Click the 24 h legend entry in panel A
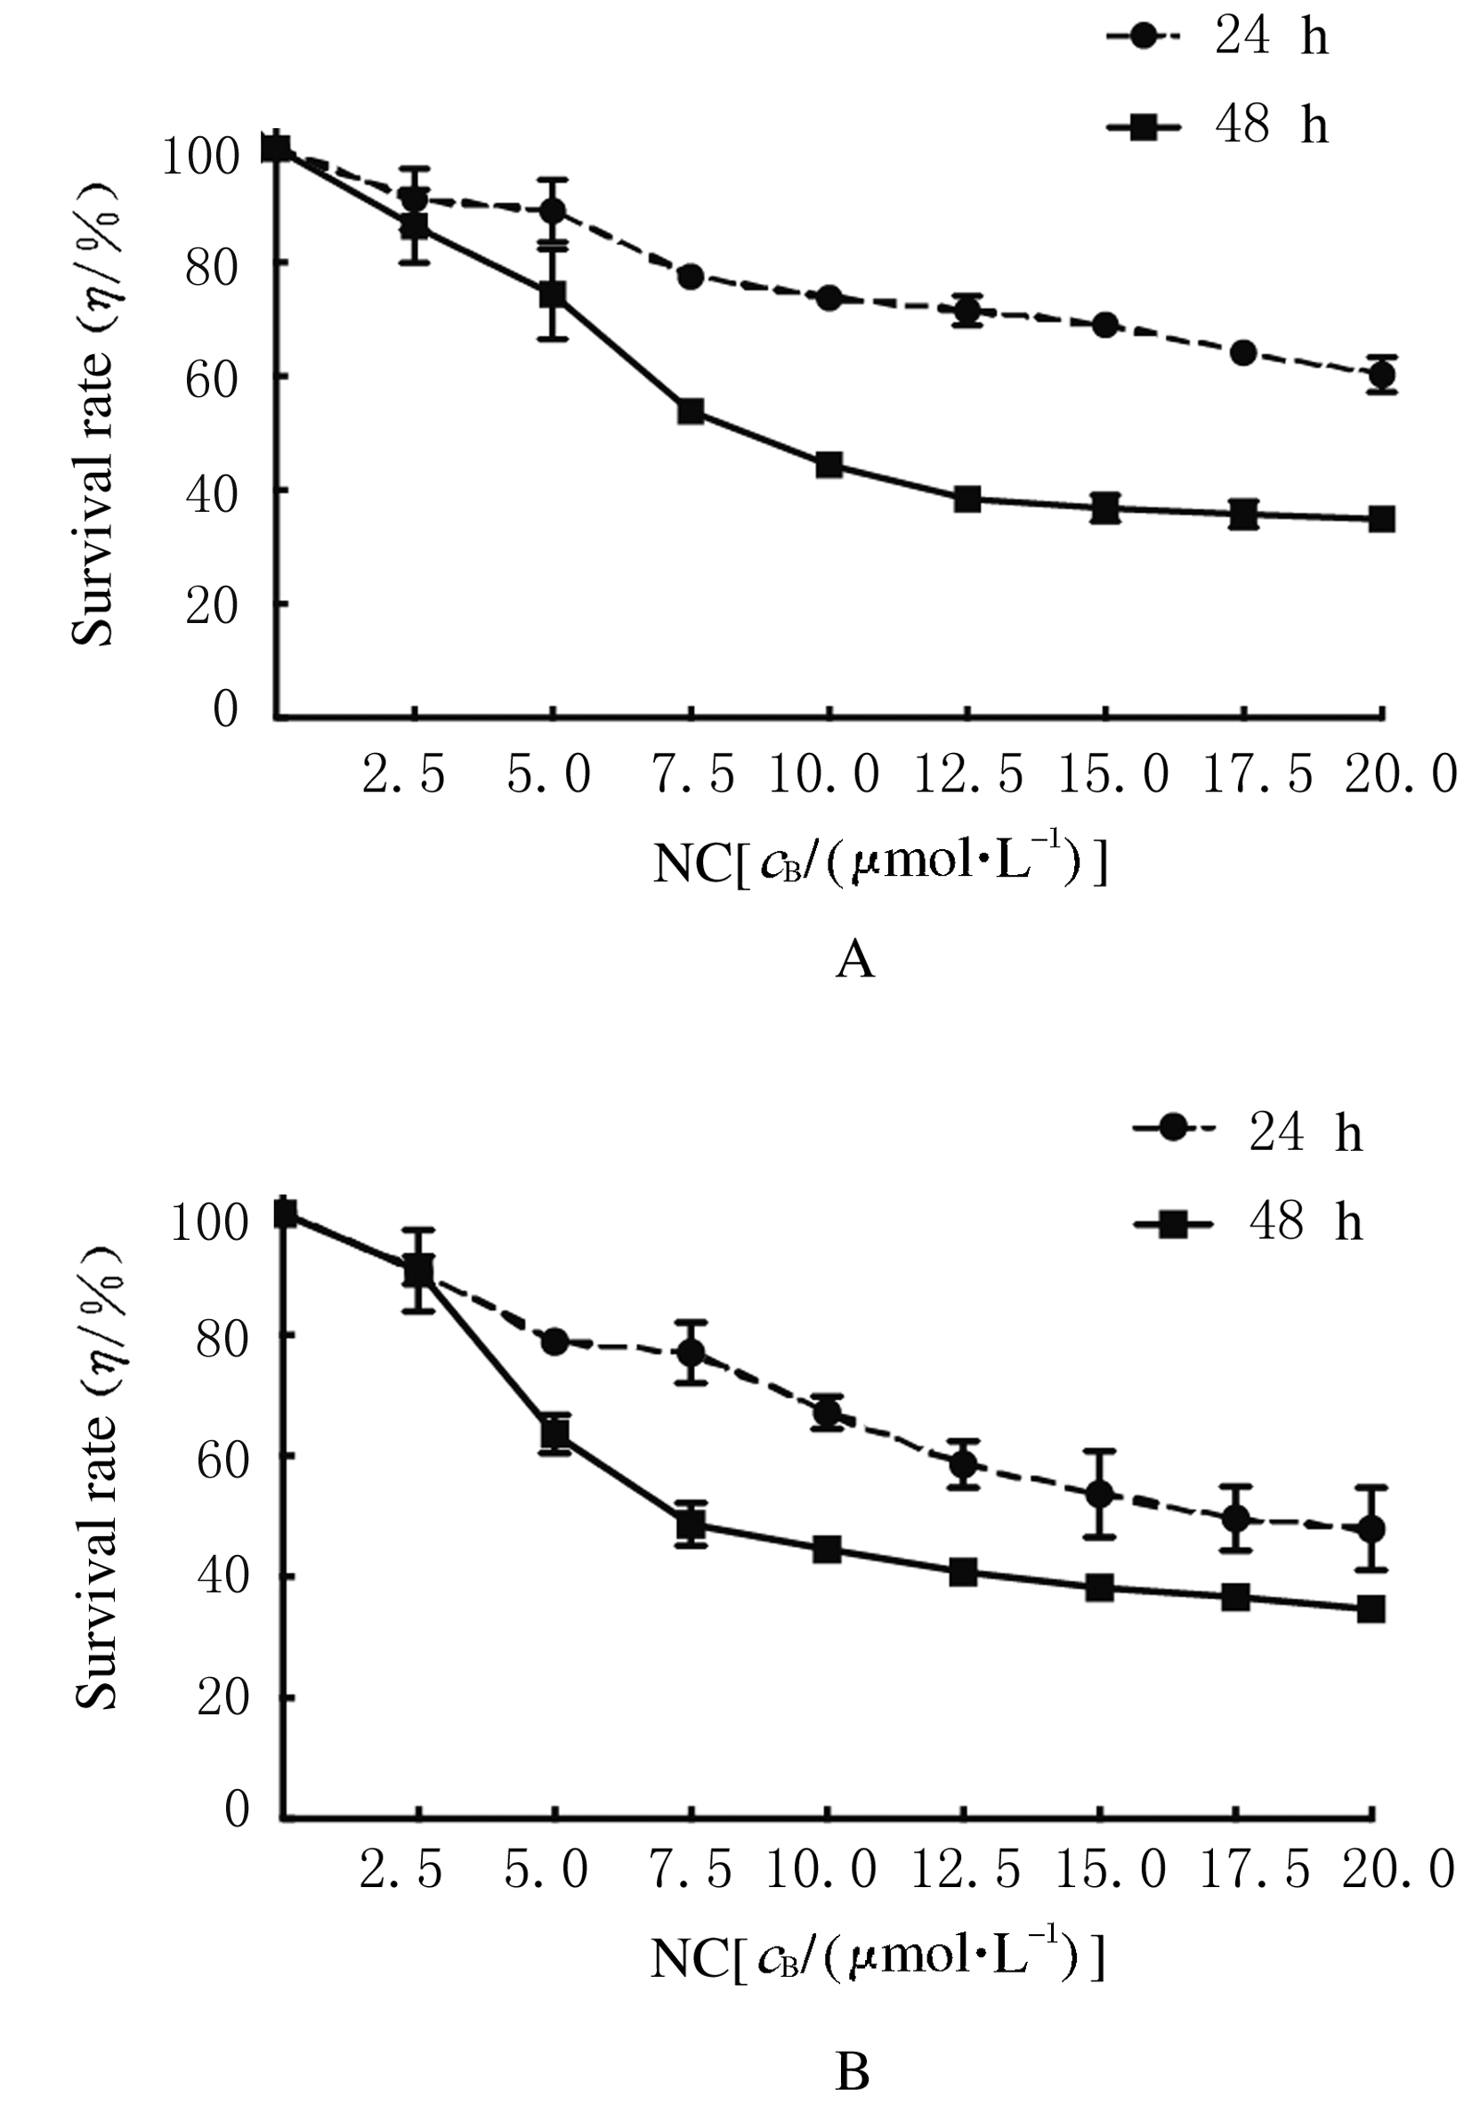coord(1217,39)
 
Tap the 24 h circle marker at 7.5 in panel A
coord(691,276)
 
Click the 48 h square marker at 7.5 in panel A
coord(691,410)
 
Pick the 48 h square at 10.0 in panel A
coord(829,464)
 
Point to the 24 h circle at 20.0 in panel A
coord(1381,375)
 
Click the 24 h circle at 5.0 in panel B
coord(554,1341)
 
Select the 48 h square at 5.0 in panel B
coord(555,1433)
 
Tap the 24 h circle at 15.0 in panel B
coord(1099,1494)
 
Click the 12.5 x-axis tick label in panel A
coord(968,773)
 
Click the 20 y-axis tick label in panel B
coord(222,1697)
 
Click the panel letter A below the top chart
coord(853,961)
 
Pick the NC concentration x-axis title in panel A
coord(879,864)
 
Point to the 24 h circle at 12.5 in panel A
coord(967,311)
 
